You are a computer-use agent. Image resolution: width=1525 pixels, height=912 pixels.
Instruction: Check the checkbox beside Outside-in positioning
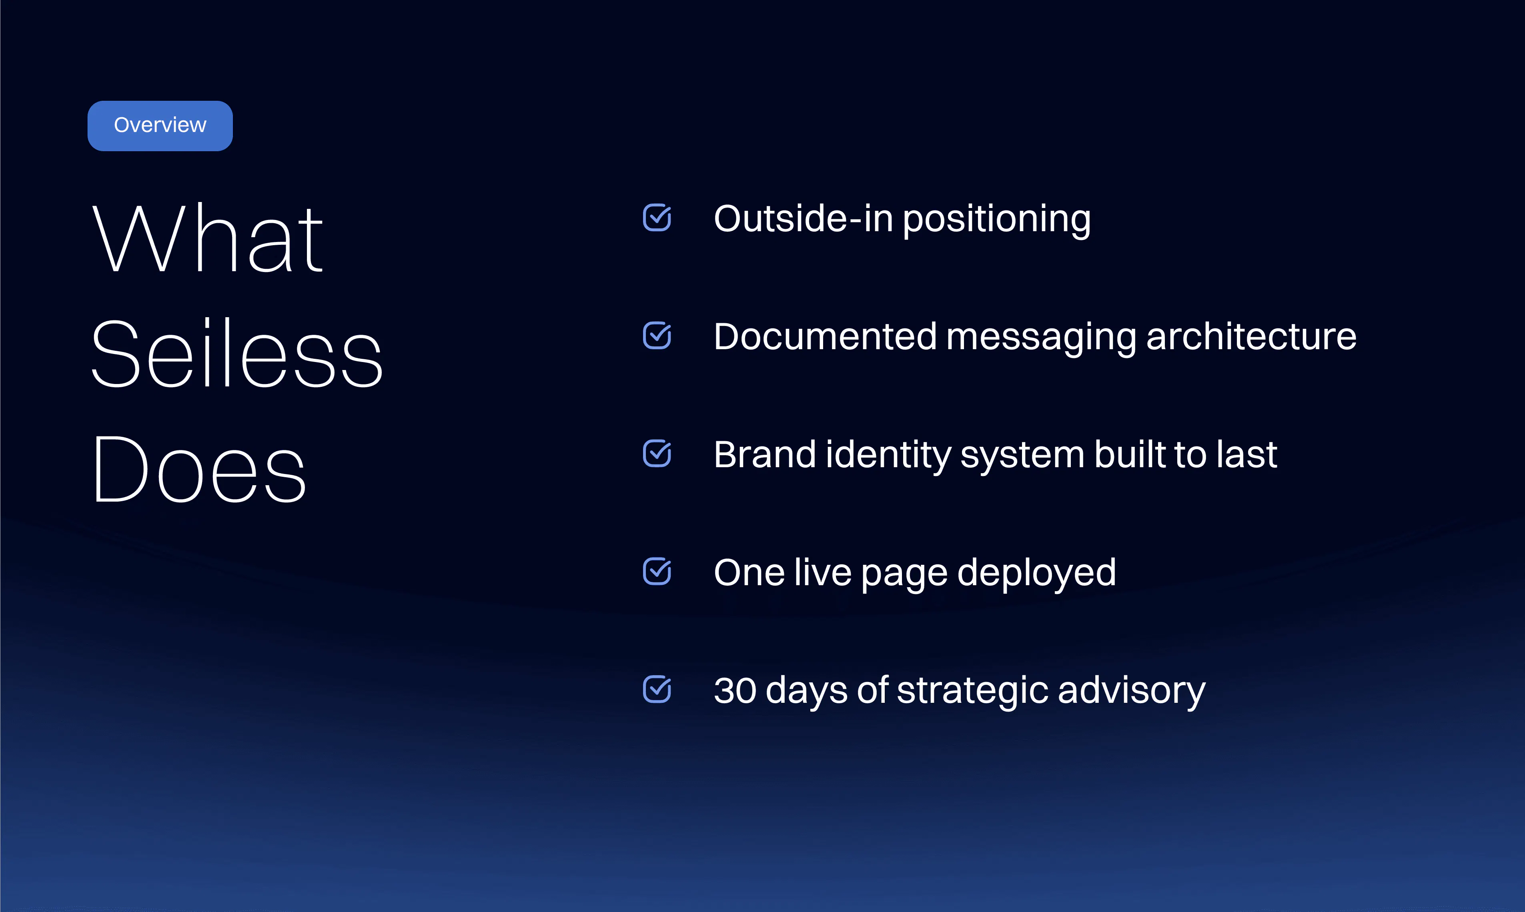[657, 218]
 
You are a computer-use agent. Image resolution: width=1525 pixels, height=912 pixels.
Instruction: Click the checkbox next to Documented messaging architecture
[657, 336]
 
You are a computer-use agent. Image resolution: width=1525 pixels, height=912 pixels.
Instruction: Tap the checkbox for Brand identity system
[657, 454]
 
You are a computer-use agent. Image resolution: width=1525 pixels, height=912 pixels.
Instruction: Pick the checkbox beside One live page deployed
[657, 572]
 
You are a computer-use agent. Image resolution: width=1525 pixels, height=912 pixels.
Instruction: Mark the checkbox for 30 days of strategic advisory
[657, 690]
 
